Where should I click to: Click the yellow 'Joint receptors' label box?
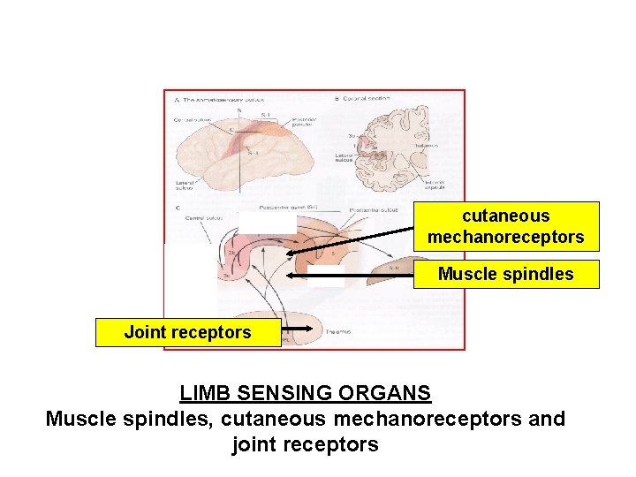(x=187, y=333)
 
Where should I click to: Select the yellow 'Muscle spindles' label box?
(x=506, y=274)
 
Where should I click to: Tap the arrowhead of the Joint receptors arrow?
(x=285, y=333)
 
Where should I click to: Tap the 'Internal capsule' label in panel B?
(x=433, y=185)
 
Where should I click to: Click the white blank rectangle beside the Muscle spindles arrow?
(x=326, y=276)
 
